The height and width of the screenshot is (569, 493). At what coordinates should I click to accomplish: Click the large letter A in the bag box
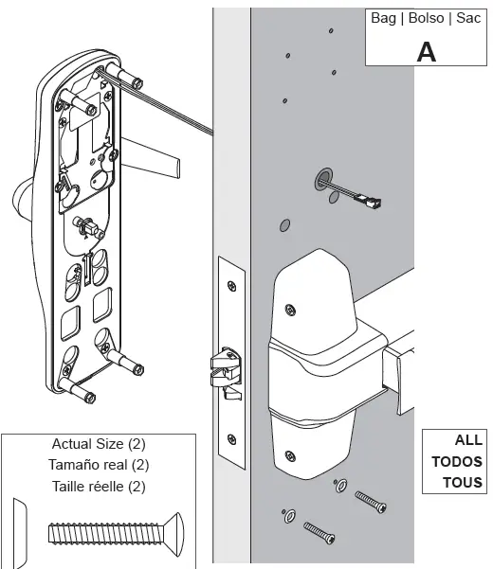[428, 50]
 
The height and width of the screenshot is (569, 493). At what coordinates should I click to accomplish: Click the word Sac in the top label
[467, 19]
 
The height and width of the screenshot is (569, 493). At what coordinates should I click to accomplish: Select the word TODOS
[457, 462]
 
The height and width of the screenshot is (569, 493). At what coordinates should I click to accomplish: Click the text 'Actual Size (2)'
[98, 443]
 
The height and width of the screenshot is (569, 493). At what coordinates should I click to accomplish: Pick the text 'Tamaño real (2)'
[98, 464]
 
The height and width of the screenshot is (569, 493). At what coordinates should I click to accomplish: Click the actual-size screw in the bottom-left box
[108, 530]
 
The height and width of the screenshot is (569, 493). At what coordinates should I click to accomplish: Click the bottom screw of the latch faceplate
[229, 437]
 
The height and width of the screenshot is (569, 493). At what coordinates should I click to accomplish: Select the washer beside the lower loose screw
[287, 515]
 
